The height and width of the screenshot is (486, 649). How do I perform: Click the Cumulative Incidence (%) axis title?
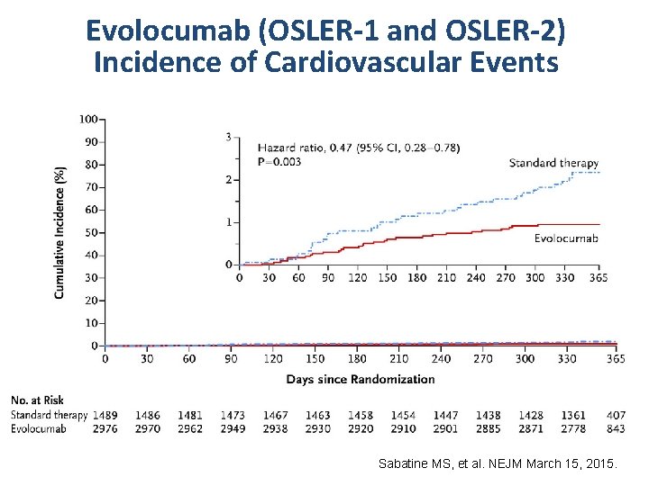pos(59,232)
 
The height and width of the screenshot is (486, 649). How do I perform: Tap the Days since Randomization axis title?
pos(361,379)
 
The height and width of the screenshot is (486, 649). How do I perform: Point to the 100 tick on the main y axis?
pos(88,119)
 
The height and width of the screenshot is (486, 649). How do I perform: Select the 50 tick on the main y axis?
pos(91,232)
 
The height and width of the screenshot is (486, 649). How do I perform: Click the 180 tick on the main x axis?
pos(357,358)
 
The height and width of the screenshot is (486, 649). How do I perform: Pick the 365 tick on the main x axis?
pos(616,358)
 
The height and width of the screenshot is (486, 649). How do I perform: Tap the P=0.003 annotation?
pos(279,161)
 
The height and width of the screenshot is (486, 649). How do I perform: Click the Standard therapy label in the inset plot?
pos(553,163)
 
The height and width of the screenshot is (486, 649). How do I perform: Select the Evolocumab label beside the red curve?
pos(566,238)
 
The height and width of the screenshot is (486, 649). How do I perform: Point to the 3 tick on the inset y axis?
pos(229,137)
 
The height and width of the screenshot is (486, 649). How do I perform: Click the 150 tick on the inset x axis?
pos(387,278)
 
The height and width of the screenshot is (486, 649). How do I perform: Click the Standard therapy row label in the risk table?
pos(50,415)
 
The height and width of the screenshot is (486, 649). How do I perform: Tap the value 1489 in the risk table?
pos(105,415)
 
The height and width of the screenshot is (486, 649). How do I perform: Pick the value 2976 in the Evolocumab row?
pos(105,428)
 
